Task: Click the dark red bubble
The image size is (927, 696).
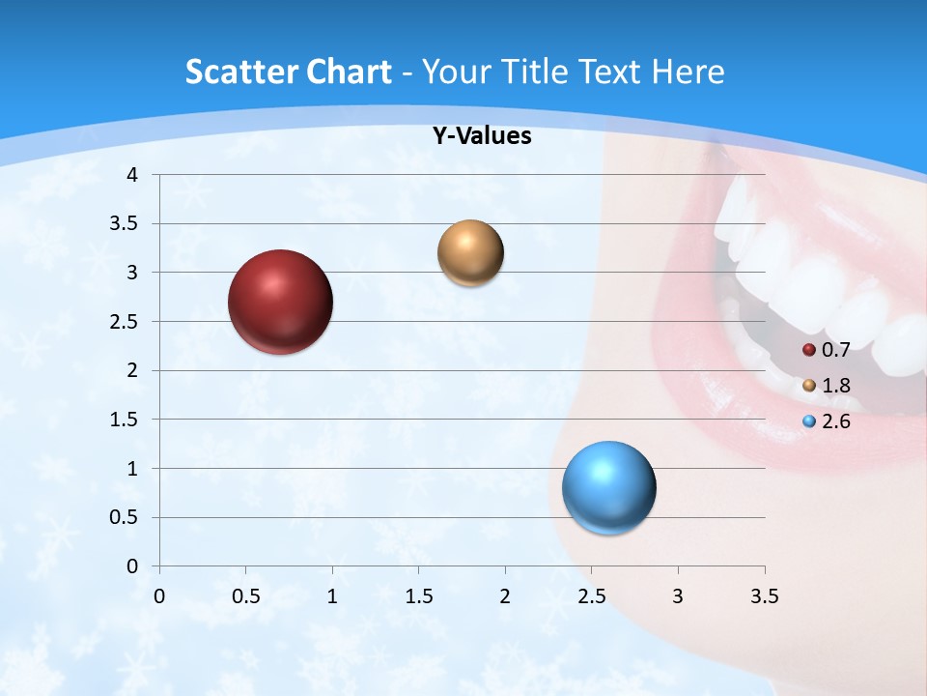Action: tap(280, 302)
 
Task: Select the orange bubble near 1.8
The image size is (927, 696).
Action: tap(470, 253)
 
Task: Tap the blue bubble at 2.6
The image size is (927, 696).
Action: tap(608, 487)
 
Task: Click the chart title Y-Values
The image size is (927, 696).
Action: tap(481, 136)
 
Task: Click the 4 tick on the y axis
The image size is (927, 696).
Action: tap(133, 175)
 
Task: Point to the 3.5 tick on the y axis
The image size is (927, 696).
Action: tap(126, 224)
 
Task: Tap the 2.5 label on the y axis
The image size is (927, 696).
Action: tap(126, 322)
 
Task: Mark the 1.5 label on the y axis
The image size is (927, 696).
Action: tap(126, 420)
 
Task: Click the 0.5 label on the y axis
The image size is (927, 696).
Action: tap(126, 518)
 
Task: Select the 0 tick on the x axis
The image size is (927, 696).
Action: tap(159, 596)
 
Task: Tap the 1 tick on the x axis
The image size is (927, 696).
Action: tap(332, 596)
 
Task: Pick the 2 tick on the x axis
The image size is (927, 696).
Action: tap(505, 596)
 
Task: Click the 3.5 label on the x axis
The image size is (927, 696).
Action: tap(764, 596)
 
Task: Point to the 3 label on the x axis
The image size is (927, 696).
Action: tap(678, 596)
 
